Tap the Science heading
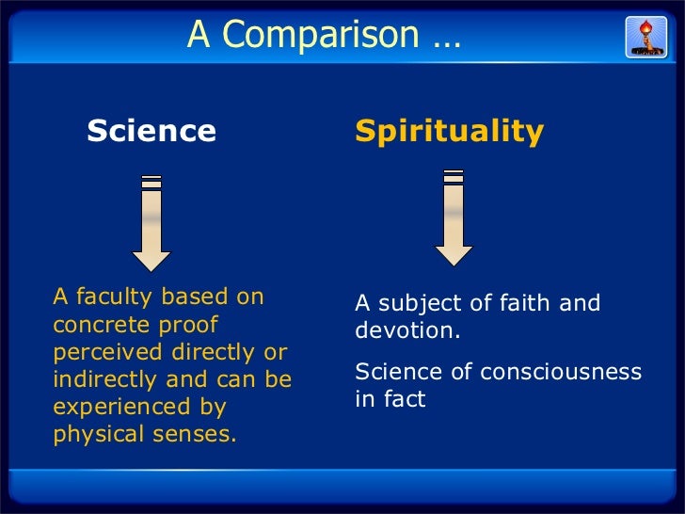pyautogui.click(x=151, y=131)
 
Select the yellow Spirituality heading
pyautogui.click(x=449, y=131)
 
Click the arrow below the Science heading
pyautogui.click(x=151, y=222)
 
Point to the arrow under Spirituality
pyautogui.click(x=454, y=217)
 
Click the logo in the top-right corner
pyautogui.click(x=646, y=36)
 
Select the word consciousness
pyautogui.click(x=561, y=372)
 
